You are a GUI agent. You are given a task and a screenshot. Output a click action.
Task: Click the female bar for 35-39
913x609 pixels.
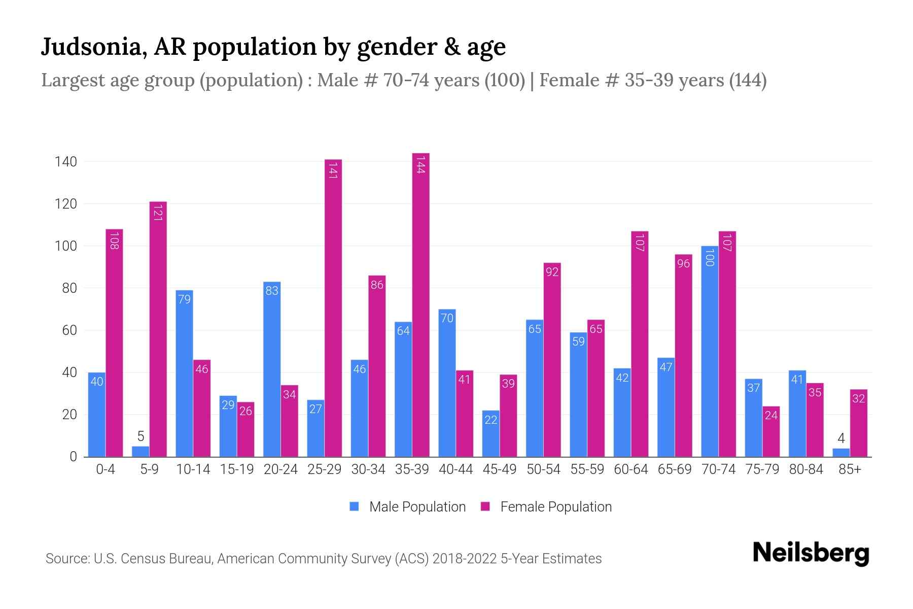coord(420,304)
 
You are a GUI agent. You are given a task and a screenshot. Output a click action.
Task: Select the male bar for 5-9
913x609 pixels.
coord(141,451)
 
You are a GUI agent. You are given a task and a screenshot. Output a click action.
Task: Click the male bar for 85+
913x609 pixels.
coord(841,452)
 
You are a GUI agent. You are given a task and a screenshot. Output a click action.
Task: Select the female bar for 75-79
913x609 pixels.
coord(771,431)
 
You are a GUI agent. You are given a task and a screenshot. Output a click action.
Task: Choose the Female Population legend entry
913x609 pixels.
coord(546,507)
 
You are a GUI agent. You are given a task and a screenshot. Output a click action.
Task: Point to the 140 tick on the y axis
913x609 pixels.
coord(66,162)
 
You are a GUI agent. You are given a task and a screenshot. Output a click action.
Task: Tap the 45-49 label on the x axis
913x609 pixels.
coord(500,469)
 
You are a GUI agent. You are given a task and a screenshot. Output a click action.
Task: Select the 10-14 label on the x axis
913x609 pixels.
coord(193,469)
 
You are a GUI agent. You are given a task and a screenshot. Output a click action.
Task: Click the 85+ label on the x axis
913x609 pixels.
coord(850,469)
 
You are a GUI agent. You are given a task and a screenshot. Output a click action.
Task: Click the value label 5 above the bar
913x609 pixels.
coord(141,436)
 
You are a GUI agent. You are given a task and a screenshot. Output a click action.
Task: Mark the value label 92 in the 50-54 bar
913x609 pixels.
coord(552,272)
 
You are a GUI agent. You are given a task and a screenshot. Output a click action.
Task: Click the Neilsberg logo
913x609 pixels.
coord(811,553)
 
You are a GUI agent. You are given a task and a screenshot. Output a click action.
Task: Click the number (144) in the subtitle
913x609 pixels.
coord(748,80)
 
